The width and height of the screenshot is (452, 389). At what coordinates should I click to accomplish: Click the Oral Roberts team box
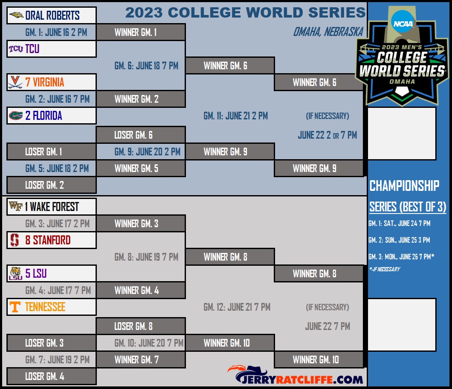point(51,15)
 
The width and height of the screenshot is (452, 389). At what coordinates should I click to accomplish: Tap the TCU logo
point(15,49)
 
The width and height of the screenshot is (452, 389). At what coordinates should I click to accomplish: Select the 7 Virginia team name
point(45,82)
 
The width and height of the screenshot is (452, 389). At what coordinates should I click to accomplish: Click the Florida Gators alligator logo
point(16,116)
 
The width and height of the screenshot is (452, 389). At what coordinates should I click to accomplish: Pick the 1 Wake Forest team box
point(51,206)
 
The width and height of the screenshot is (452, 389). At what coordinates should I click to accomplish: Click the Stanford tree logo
point(15,240)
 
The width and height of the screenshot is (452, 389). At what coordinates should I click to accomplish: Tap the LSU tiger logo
point(15,273)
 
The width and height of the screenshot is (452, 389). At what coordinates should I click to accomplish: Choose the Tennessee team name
point(45,307)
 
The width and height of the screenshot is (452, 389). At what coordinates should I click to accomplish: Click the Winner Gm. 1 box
point(141,32)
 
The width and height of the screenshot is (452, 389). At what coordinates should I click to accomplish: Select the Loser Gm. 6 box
point(141,135)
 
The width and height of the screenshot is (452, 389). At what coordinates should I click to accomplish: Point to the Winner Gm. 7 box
point(141,359)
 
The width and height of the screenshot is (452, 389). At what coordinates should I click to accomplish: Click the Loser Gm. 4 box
point(51,376)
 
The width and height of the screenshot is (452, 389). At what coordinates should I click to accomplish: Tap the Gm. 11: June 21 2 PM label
point(236,116)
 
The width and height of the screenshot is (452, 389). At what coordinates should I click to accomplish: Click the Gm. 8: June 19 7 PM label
point(147,257)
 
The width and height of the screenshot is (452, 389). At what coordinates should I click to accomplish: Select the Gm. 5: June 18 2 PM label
point(57,169)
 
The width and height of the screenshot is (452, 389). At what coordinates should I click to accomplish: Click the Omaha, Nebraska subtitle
point(328,32)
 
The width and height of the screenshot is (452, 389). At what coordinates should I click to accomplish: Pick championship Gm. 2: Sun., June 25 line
point(399,240)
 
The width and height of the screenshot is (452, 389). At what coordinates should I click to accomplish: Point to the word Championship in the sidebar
point(404,186)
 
